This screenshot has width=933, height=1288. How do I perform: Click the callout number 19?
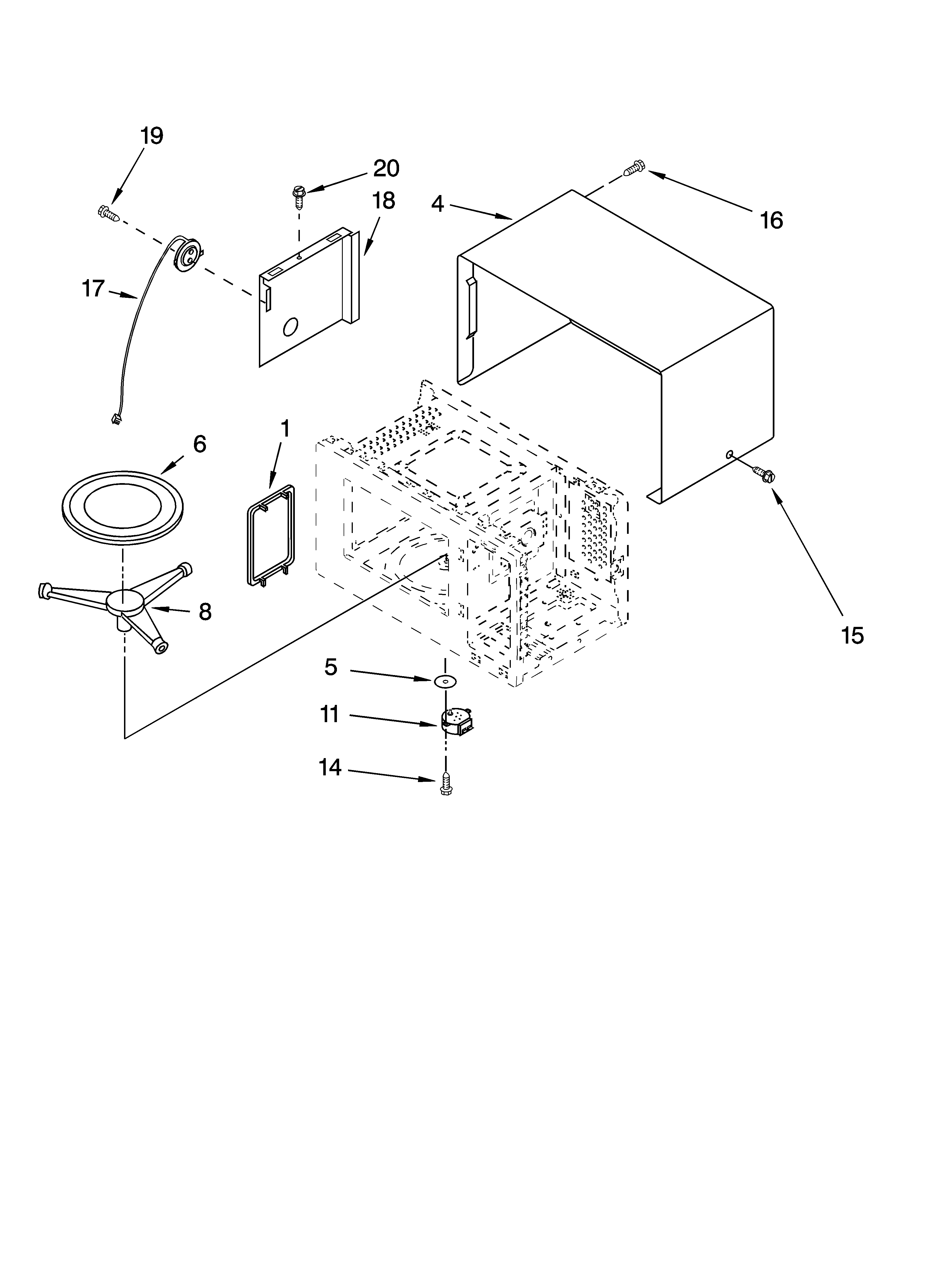152,136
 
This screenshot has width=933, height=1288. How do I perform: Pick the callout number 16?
771,220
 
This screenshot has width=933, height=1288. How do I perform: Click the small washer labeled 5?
445,681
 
